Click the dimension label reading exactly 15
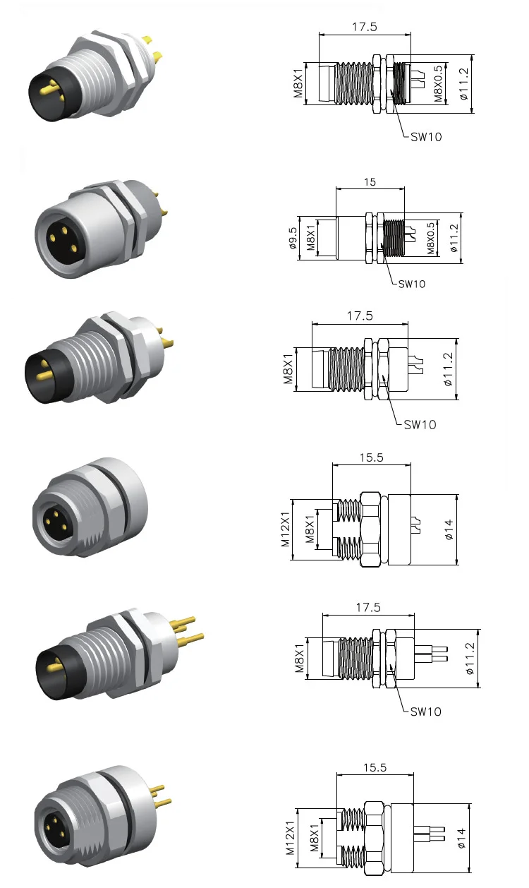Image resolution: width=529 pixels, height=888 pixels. (370, 182)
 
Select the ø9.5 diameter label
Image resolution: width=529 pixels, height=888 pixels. (291, 238)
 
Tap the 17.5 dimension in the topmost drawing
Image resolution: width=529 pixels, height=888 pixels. (365, 27)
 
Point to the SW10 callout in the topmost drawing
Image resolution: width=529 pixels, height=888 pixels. (426, 137)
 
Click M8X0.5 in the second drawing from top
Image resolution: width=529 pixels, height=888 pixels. (431, 238)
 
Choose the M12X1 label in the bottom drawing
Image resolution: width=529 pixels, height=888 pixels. (290, 837)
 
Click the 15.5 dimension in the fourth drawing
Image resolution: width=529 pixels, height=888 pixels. (371, 457)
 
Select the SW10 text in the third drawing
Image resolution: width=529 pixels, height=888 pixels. (420, 424)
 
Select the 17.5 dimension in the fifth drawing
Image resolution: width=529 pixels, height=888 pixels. (368, 607)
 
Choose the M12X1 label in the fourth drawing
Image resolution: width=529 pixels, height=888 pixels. (286, 529)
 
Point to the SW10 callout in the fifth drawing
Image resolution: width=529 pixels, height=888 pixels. (426, 712)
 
